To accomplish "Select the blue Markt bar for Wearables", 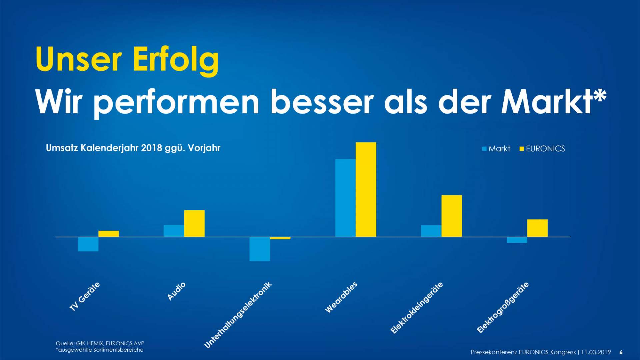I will (345, 198).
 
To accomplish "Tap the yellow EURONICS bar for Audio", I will (194, 223).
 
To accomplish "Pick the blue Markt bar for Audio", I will (174, 231).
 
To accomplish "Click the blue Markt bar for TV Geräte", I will (88, 244).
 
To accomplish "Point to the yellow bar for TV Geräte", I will (108, 234).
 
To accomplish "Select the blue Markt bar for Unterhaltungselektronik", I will (260, 249).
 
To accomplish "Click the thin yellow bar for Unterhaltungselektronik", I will (280, 238).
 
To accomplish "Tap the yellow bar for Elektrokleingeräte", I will (452, 216).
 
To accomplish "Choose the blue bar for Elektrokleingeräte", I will (431, 231).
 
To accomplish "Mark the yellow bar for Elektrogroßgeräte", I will (537, 228).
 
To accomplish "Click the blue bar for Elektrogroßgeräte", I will (517, 240).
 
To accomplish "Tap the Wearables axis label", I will (341, 297).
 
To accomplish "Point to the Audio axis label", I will (176, 291).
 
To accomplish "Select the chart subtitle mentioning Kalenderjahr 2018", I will (133, 148).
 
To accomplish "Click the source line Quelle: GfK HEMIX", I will (100, 343).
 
